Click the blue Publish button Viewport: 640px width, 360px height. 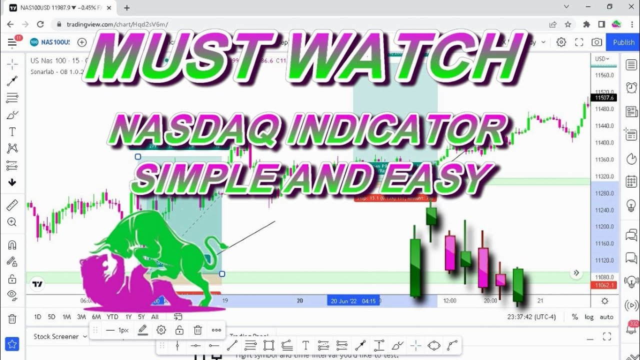click(623, 42)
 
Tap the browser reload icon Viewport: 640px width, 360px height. click(40, 24)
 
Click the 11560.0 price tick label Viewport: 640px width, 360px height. click(604, 75)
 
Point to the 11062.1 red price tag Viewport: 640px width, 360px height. click(603, 285)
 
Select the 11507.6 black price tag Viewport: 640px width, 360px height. click(604, 98)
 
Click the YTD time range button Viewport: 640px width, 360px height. click(112, 316)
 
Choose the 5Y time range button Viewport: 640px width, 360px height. click(141, 316)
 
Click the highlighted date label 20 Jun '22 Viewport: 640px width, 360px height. click(352, 300)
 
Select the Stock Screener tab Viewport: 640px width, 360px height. click(56, 336)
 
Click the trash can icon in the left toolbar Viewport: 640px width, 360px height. click(12, 318)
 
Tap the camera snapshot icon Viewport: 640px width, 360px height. click(596, 42)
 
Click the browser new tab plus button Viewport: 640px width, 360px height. click(127, 7)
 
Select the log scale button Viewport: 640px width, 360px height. click(589, 317)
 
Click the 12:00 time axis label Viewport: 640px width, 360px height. click(449, 300)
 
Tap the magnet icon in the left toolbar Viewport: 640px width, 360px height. click(12, 245)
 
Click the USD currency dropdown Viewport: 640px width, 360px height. click(602, 59)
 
